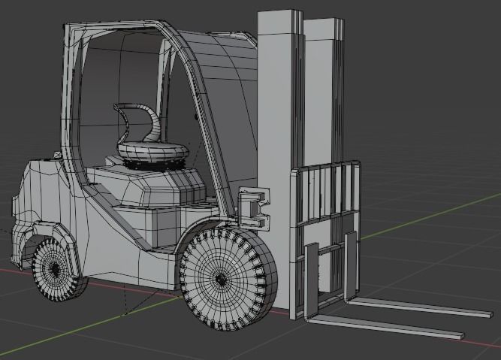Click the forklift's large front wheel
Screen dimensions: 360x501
(x=228, y=278)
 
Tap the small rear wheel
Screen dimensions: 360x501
(x=55, y=269)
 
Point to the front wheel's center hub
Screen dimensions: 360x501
(x=221, y=279)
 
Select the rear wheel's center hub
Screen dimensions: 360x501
(x=53, y=269)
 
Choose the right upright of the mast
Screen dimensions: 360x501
(x=324, y=90)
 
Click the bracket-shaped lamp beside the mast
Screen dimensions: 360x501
(x=253, y=209)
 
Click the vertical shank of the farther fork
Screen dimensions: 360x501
(x=351, y=267)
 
